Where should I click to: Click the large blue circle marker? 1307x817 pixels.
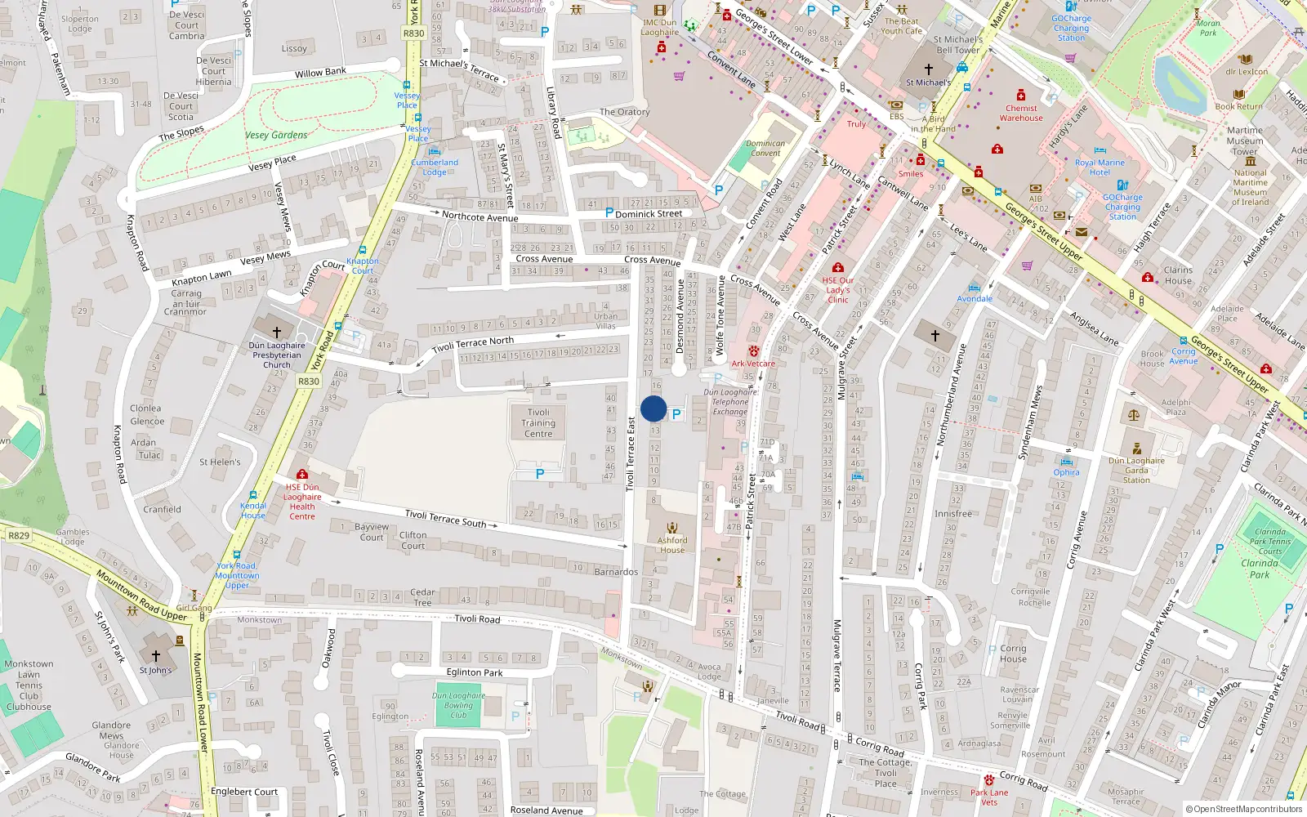tap(653, 408)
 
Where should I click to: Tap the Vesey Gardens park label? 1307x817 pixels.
tap(276, 135)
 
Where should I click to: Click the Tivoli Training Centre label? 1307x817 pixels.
tap(538, 423)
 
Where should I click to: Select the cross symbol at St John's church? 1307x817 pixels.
tap(156, 656)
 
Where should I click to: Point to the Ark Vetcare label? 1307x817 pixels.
tap(753, 364)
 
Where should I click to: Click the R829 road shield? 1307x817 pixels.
tap(18, 536)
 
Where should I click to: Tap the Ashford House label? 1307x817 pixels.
tap(672, 545)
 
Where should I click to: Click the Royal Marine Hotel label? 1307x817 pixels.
tap(1100, 167)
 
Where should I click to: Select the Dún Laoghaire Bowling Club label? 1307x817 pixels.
tap(458, 705)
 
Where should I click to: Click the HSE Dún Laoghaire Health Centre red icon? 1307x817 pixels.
tap(302, 474)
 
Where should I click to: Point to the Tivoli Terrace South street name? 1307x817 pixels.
tap(446, 518)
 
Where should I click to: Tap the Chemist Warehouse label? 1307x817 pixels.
tap(1021, 113)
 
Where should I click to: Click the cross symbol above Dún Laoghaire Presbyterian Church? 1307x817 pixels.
tap(276, 333)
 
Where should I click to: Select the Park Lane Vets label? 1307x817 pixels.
tap(989, 797)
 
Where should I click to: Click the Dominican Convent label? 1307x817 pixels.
tap(765, 148)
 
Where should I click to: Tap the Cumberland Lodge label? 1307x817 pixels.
tap(435, 167)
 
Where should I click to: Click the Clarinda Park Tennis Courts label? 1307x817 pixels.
tap(1269, 541)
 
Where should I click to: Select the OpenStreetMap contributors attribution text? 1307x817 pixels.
tap(1243, 809)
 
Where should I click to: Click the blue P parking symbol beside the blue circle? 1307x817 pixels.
tap(676, 414)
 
